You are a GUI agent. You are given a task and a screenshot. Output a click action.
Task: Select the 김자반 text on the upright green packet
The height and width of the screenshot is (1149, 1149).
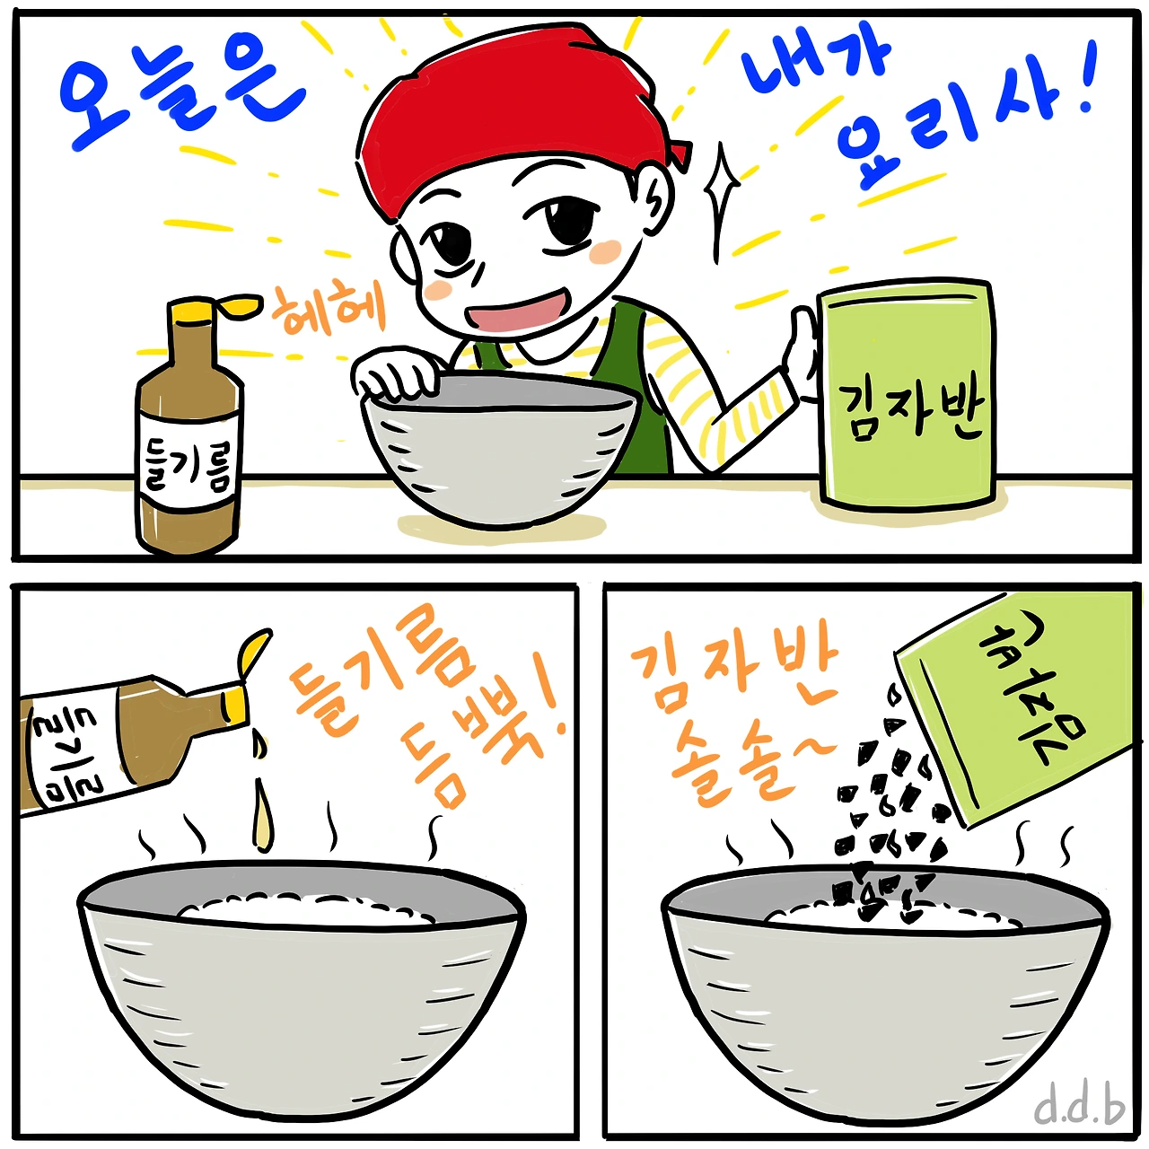[x=908, y=411]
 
